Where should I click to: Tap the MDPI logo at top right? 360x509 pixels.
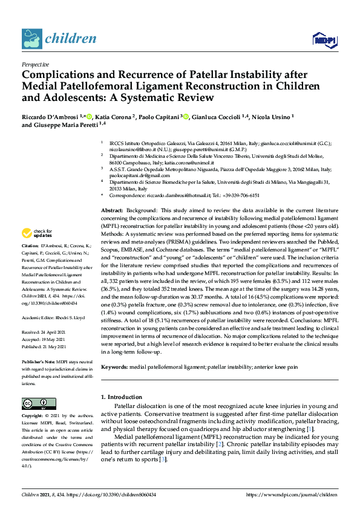(324, 41)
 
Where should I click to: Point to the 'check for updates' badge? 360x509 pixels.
(37, 233)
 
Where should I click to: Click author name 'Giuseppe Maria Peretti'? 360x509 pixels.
(68, 125)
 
